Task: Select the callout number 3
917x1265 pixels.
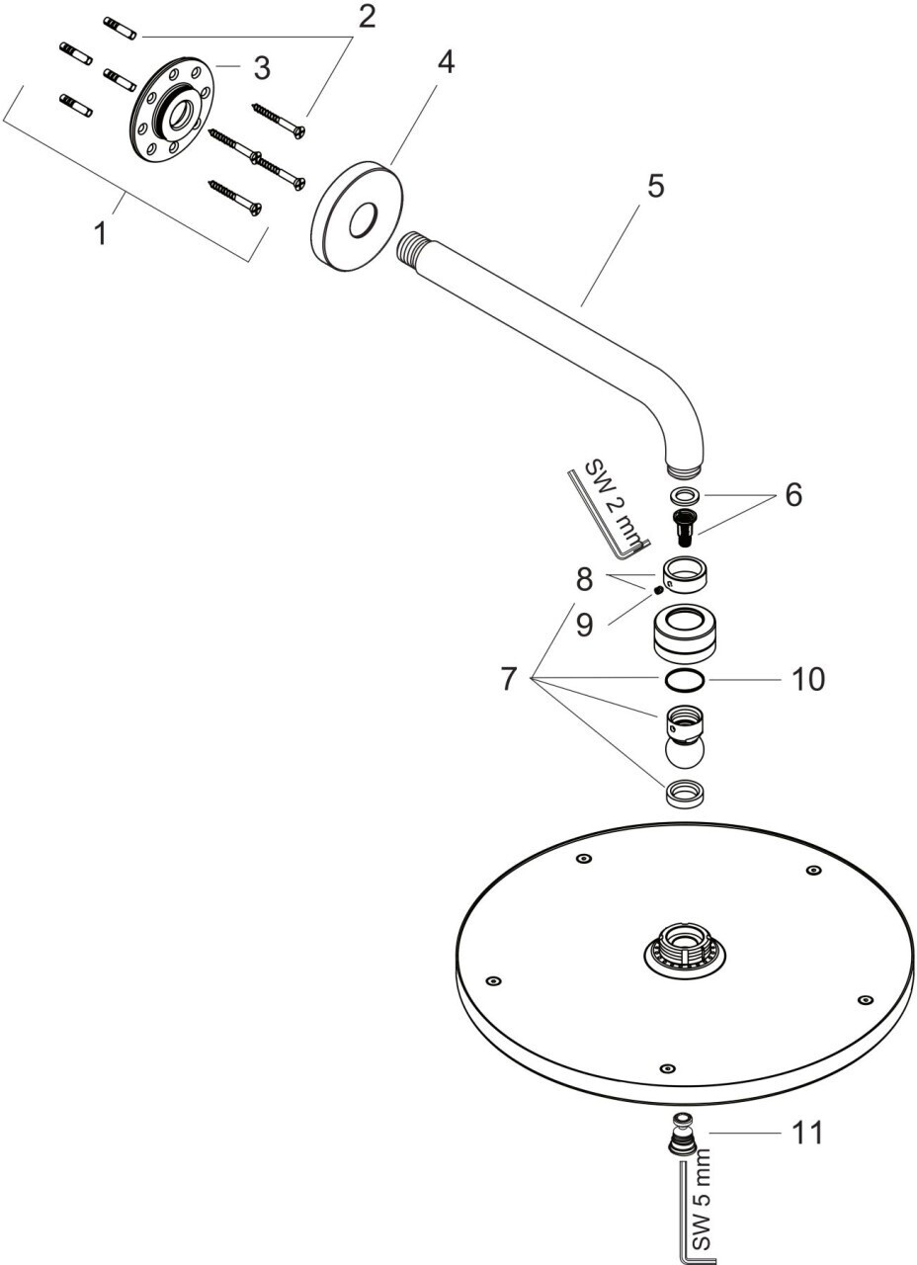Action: click(261, 68)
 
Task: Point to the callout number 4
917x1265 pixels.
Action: click(446, 62)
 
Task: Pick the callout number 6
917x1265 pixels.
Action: click(793, 495)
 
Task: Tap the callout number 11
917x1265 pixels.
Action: click(807, 1133)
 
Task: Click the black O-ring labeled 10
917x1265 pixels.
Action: click(684, 680)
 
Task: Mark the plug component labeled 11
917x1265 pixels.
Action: click(682, 1135)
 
